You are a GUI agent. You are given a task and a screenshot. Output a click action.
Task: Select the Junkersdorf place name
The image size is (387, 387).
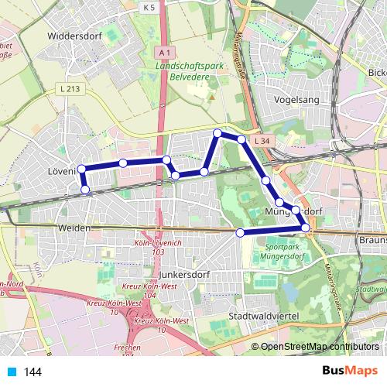[x=185, y=274]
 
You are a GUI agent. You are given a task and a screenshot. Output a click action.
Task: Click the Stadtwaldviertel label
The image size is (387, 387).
[x=265, y=317]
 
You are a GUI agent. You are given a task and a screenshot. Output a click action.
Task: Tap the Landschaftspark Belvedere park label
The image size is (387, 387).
[x=190, y=72]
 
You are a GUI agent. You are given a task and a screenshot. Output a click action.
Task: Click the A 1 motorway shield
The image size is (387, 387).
[x=162, y=52]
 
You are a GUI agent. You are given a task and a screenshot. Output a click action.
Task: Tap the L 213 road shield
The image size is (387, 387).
[x=69, y=90]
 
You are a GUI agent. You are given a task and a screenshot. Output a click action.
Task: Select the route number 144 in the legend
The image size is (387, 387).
[x=33, y=372]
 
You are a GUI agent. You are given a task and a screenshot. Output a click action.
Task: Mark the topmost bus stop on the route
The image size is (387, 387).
[x=217, y=134]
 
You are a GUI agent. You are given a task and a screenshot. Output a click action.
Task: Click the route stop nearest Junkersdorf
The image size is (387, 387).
[x=240, y=232]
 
